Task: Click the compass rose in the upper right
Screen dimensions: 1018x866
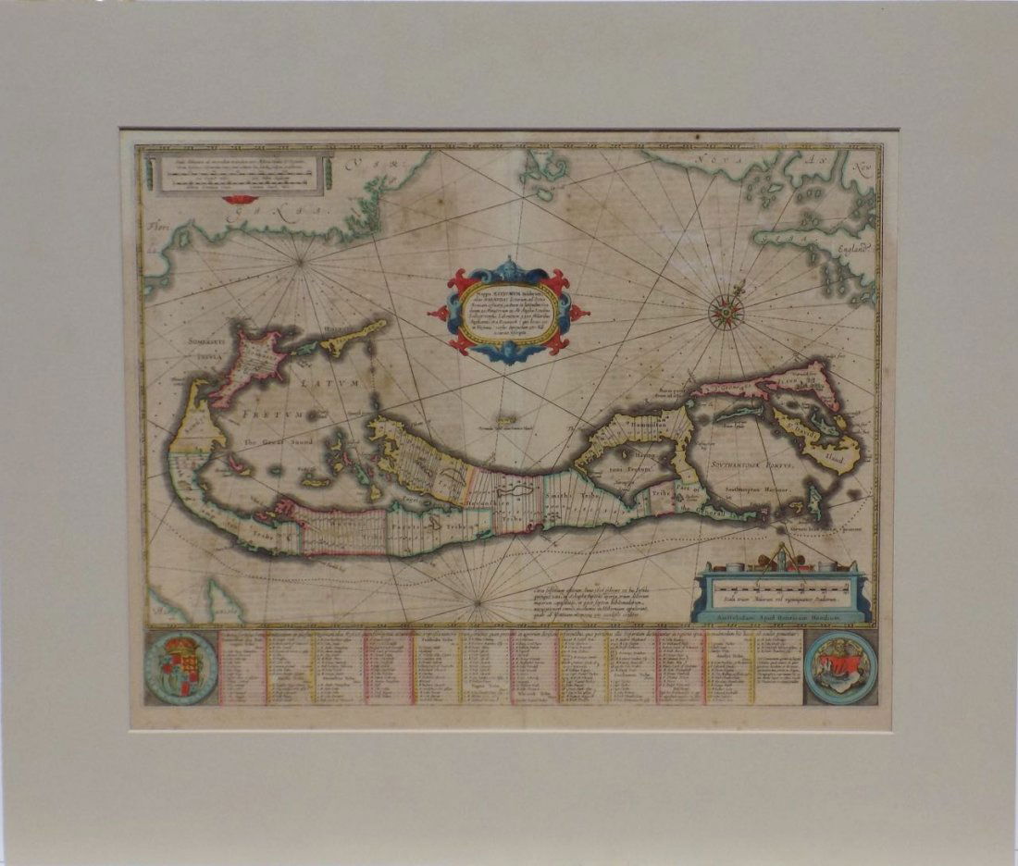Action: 726,312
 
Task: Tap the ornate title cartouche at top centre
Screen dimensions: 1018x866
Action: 508,311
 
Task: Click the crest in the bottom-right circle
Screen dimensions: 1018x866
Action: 840,666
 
